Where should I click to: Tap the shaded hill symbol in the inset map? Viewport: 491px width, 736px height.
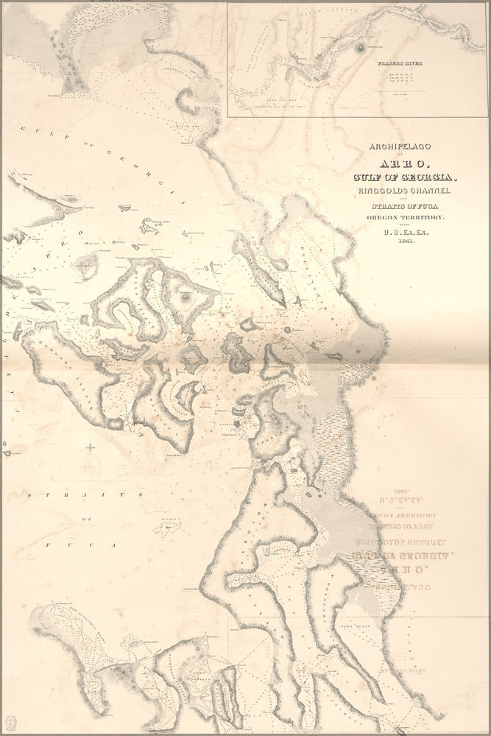[x=360, y=47]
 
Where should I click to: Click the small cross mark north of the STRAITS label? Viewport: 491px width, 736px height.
[x=91, y=447]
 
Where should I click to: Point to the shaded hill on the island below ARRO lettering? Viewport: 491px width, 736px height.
[x=186, y=297]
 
